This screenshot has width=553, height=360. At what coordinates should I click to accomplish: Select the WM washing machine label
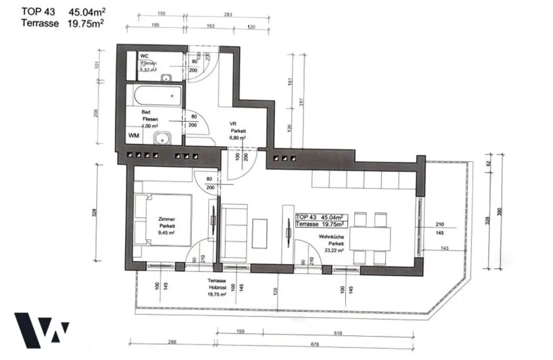[x=134, y=136]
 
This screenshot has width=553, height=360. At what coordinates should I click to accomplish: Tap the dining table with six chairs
[x=370, y=238]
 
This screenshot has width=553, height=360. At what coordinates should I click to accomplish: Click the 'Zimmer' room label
[x=166, y=219]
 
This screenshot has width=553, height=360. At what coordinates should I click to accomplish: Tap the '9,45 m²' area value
[x=166, y=233]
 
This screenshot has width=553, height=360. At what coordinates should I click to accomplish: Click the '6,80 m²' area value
[x=238, y=138]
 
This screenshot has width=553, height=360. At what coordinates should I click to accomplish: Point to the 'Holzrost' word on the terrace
[x=217, y=288]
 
